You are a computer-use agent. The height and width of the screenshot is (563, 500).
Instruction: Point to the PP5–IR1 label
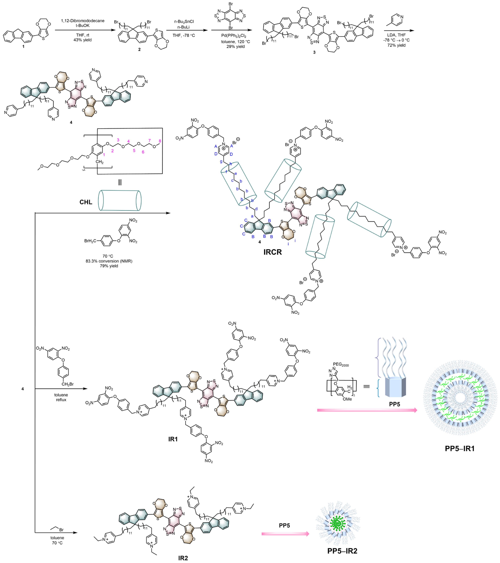[x=460, y=448]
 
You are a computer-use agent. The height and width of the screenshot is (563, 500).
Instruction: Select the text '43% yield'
[x=82, y=40]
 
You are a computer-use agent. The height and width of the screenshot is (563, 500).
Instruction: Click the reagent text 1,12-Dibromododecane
[x=83, y=21]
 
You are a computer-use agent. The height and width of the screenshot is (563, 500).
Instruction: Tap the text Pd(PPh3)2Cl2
[x=234, y=36]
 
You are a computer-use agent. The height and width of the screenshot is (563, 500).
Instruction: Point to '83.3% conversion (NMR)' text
[x=109, y=261]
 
